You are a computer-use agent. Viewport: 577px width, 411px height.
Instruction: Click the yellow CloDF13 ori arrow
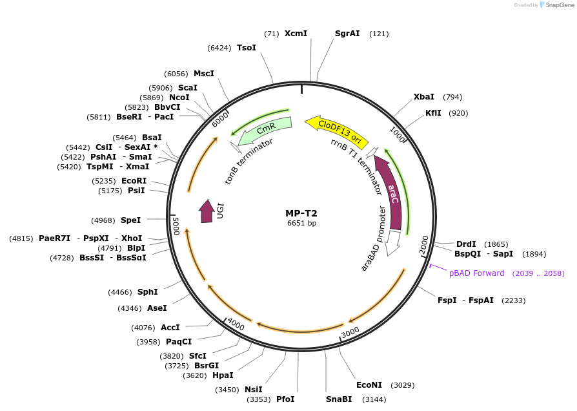click(x=336, y=129)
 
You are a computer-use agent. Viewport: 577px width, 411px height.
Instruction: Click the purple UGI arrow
click(x=207, y=212)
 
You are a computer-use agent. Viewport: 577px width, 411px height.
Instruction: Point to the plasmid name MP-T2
click(x=301, y=213)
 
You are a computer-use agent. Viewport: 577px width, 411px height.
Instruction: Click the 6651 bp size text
click(x=301, y=224)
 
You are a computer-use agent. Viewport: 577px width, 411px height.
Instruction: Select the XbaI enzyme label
click(x=424, y=97)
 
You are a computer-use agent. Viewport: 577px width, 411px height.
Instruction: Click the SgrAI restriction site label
click(x=347, y=34)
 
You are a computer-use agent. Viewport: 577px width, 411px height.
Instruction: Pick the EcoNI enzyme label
click(x=369, y=385)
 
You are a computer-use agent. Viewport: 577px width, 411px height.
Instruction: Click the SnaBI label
click(x=339, y=399)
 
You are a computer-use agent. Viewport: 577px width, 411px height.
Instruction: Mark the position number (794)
click(x=452, y=97)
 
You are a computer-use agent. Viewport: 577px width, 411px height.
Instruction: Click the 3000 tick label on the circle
click(x=349, y=332)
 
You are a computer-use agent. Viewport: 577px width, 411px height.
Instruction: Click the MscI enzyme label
click(x=204, y=74)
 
